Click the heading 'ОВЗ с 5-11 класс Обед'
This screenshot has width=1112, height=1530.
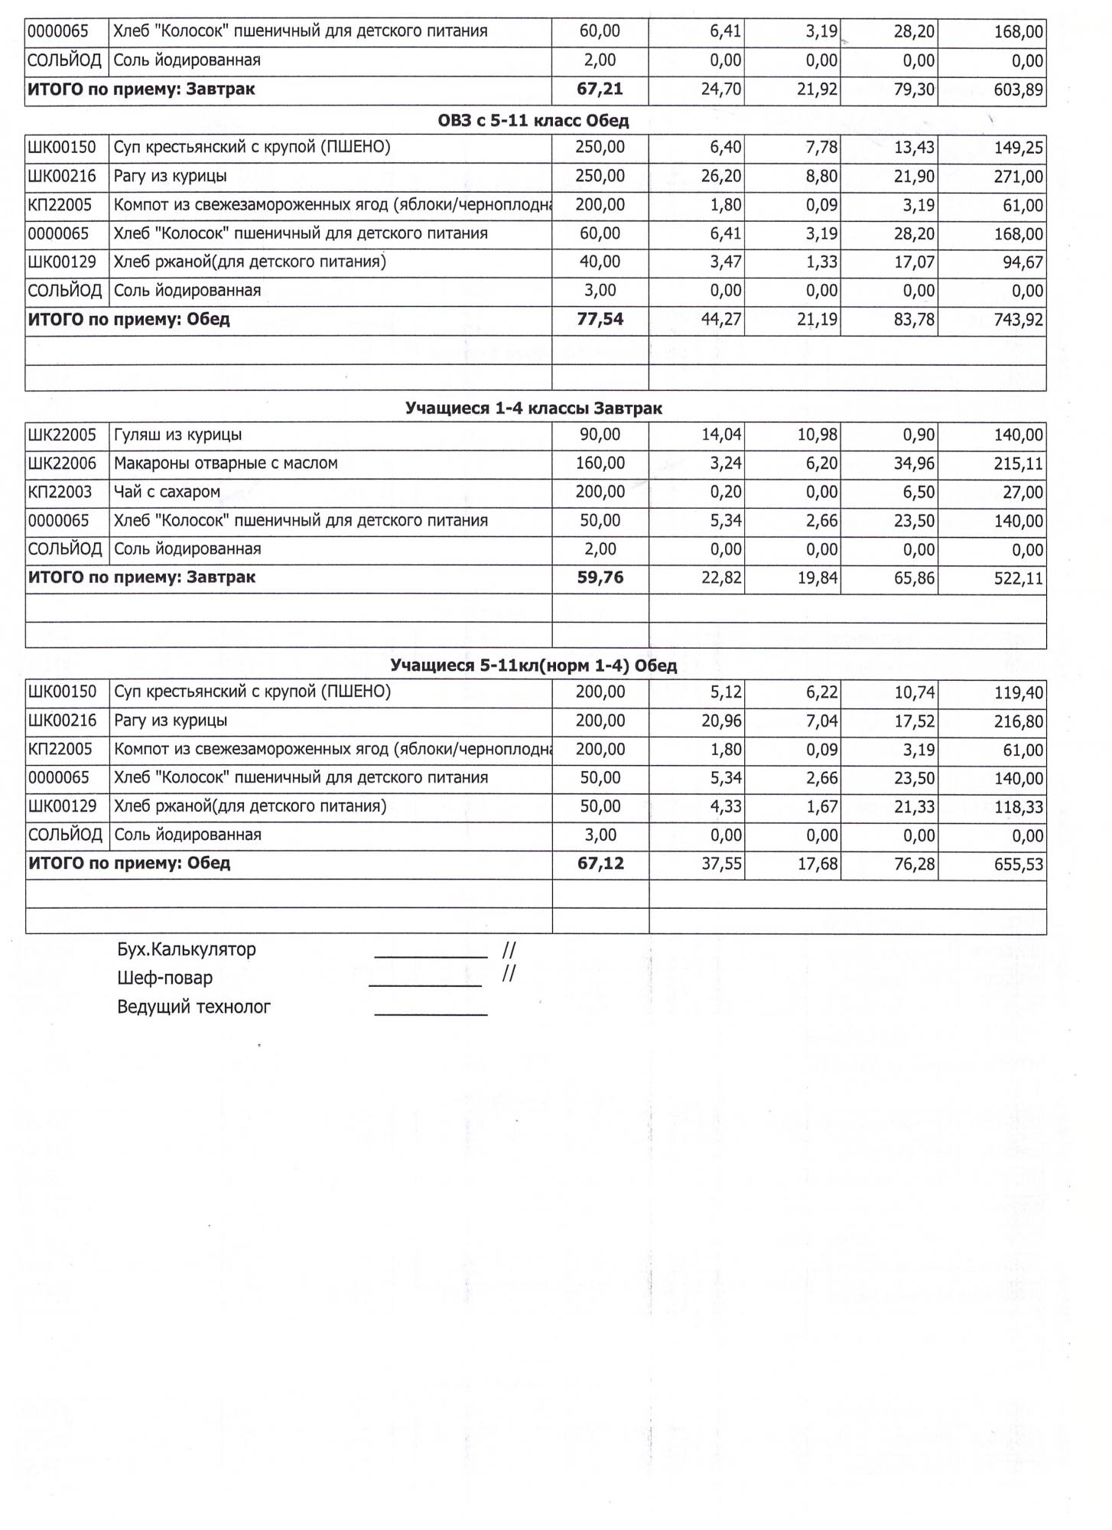point(533,121)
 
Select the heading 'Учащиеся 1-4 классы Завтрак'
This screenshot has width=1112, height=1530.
point(533,409)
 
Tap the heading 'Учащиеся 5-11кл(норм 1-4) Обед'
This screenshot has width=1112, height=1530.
point(533,666)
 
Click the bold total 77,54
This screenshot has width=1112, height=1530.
point(600,320)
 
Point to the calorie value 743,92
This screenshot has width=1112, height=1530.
point(1018,321)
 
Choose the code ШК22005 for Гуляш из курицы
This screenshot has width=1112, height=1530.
point(62,435)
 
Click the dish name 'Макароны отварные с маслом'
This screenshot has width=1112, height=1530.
point(226,464)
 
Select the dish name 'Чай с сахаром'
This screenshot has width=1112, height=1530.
point(167,492)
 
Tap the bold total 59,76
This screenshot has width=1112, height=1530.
point(600,578)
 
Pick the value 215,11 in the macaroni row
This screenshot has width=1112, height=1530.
point(1018,464)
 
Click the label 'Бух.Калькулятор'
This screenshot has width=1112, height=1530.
point(187,950)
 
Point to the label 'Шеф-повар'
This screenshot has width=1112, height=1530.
point(165,978)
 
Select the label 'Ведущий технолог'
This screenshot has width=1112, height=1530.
point(194,1007)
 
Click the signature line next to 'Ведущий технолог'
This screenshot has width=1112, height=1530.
point(431,1014)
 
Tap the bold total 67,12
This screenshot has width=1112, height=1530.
point(600,864)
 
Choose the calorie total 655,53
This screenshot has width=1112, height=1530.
point(1018,865)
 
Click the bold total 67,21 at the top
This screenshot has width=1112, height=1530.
point(600,90)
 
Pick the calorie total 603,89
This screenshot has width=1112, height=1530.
point(1018,90)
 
